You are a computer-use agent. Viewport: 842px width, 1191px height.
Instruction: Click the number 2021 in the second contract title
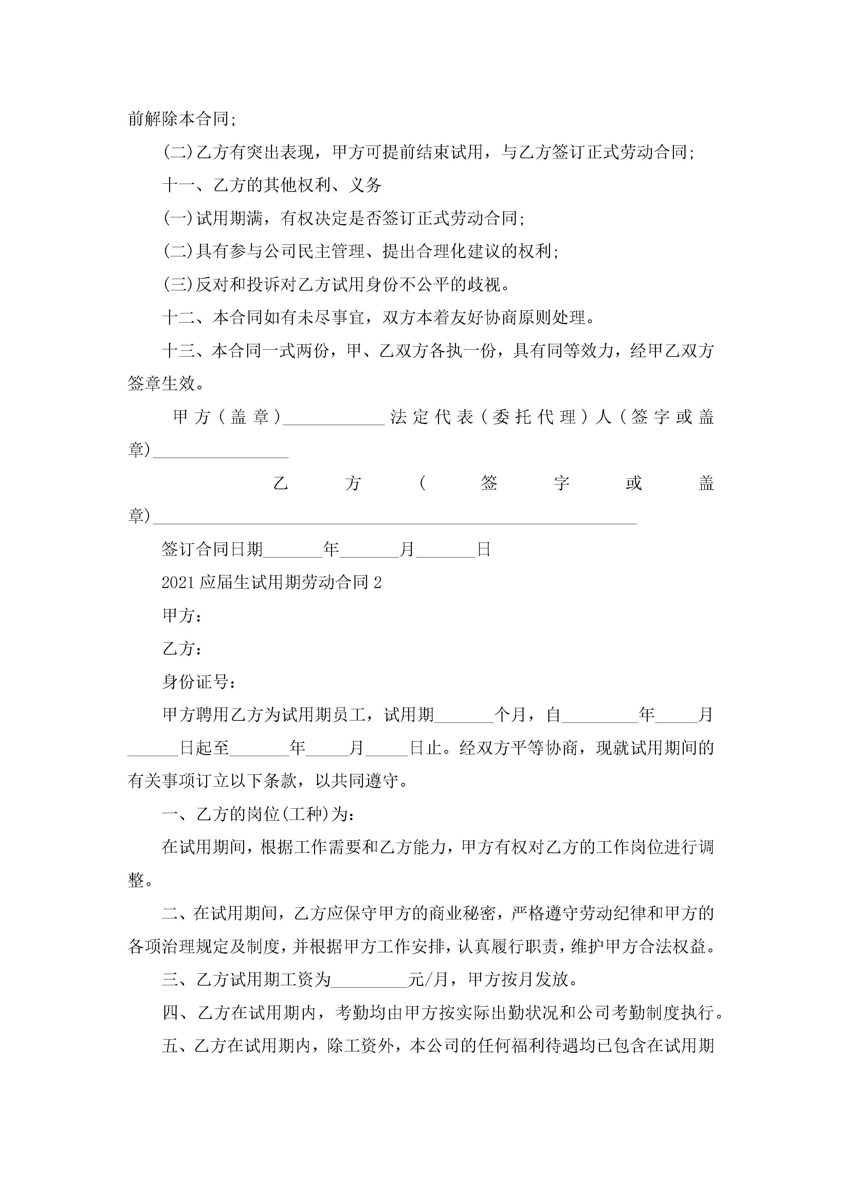pyautogui.click(x=179, y=583)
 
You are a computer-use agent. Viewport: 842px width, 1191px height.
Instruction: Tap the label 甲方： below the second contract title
pyautogui.click(x=182, y=616)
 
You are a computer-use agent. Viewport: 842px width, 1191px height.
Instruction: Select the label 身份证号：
pyautogui.click(x=199, y=682)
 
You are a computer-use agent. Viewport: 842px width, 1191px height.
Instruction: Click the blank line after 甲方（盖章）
pyautogui.click(x=334, y=418)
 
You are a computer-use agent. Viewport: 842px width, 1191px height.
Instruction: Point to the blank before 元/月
pyautogui.click(x=369, y=979)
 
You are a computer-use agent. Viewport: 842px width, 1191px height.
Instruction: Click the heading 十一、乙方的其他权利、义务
pyautogui.click(x=272, y=185)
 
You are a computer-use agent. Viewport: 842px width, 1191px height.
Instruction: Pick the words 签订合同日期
pyautogui.click(x=212, y=549)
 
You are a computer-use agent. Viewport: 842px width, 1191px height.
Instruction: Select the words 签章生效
pyautogui.click(x=161, y=384)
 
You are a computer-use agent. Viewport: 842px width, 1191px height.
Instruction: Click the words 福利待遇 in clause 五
pyautogui.click(x=545, y=1046)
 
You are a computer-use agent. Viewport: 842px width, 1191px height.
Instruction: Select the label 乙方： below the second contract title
pyautogui.click(x=182, y=649)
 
